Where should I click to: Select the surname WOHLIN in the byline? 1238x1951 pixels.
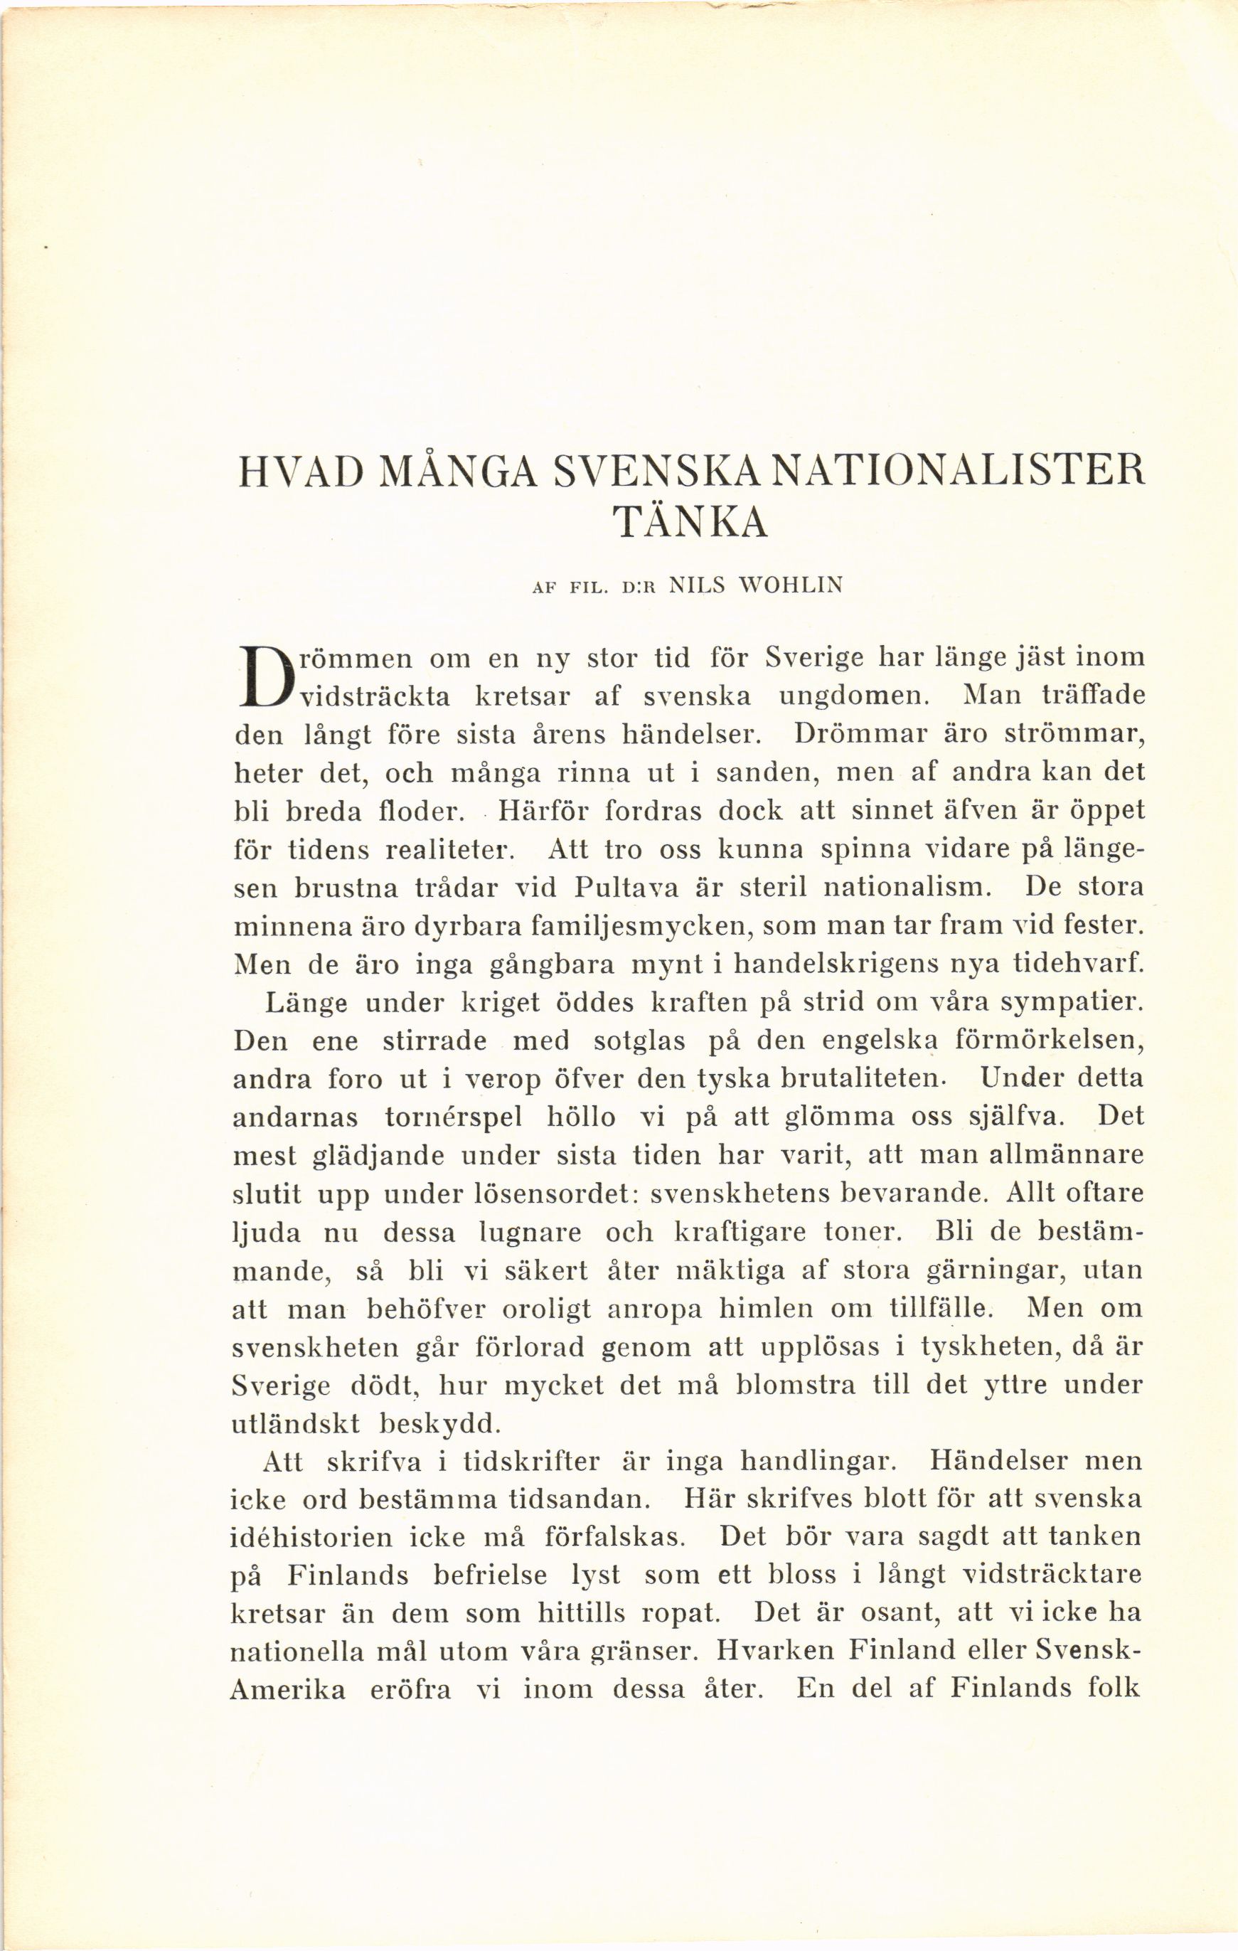784,585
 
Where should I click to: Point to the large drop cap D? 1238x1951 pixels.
264,676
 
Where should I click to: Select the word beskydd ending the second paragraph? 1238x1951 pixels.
442,1425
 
